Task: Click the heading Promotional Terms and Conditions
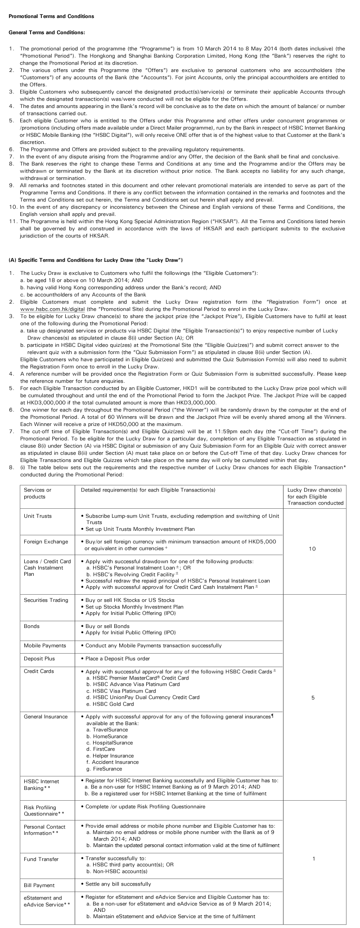coord(51,16)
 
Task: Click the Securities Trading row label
coord(46,600)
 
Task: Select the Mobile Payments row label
coord(45,646)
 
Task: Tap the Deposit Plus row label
coord(39,659)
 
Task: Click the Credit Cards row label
coord(39,671)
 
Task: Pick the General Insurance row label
coord(45,717)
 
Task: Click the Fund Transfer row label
coord(41,859)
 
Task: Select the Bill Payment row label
coord(39,885)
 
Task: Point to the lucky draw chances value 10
coord(313,549)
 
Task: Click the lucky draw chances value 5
coord(313,698)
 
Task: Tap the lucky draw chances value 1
coord(314,859)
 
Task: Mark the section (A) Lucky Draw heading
coord(95,260)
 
